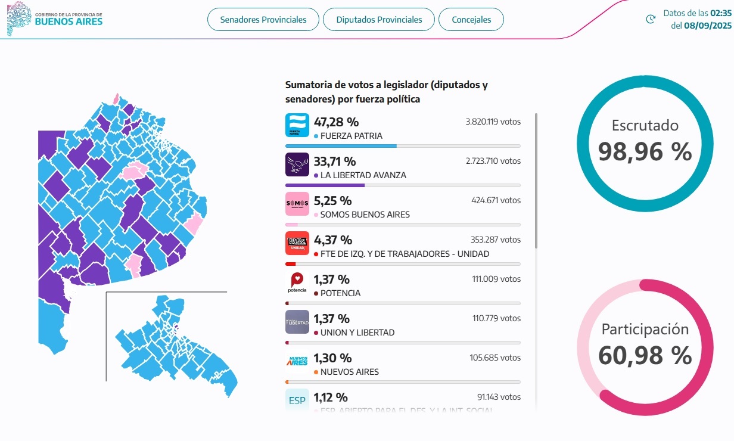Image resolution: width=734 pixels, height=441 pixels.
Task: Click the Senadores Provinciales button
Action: (x=263, y=20)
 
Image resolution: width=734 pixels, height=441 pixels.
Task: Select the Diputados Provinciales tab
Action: (x=379, y=20)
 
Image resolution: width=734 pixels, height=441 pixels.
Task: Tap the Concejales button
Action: (x=471, y=20)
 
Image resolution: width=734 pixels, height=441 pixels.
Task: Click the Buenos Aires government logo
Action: (x=55, y=18)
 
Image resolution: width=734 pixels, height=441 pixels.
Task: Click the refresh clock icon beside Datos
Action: (x=651, y=19)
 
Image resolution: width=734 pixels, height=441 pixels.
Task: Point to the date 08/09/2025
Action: (x=707, y=26)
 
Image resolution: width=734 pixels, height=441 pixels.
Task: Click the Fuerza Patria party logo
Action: (x=297, y=125)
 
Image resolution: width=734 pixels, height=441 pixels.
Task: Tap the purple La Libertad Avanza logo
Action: (x=297, y=164)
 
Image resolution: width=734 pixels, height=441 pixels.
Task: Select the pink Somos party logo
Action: (x=297, y=204)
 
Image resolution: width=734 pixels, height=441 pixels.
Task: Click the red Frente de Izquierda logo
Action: (x=297, y=243)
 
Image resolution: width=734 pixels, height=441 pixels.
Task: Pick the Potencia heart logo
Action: (x=297, y=282)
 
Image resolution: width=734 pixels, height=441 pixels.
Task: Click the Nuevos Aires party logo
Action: (x=297, y=361)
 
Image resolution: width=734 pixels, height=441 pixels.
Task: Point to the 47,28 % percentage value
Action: (x=336, y=122)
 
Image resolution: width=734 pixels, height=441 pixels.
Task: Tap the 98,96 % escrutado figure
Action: (x=645, y=152)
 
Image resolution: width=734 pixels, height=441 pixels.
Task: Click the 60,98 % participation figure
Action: (x=645, y=356)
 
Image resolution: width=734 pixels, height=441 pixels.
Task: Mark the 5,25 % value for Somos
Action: (x=332, y=201)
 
